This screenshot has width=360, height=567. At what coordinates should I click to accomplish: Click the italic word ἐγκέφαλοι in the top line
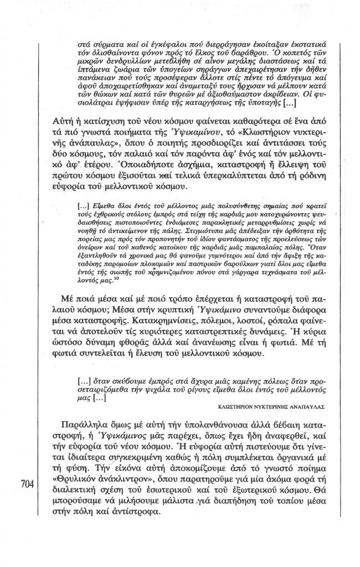pyautogui.click(x=153, y=32)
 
